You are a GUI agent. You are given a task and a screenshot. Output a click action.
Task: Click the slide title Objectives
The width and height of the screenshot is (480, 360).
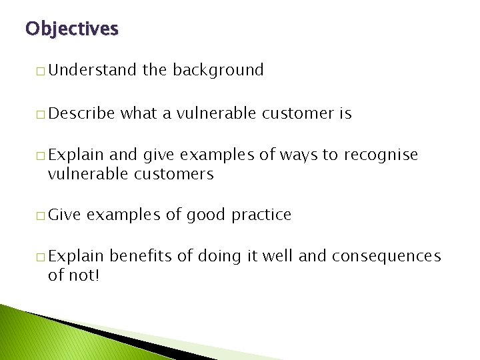click(71, 29)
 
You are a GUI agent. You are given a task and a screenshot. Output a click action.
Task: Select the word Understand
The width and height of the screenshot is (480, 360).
click(92, 70)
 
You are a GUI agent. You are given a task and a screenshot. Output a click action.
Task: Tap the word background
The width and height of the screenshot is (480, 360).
click(218, 70)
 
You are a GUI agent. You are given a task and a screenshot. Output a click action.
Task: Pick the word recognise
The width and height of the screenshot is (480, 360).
click(381, 155)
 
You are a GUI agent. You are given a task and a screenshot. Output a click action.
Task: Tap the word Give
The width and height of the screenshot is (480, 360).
click(64, 215)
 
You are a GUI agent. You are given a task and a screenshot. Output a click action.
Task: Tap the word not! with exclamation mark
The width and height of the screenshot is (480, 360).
click(83, 275)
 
